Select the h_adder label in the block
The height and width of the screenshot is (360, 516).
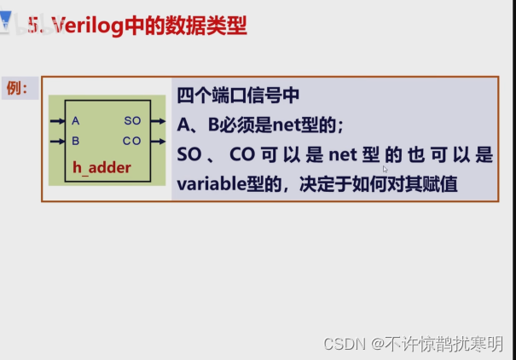(101, 168)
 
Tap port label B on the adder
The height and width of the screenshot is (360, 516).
(76, 141)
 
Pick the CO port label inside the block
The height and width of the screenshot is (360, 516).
(132, 141)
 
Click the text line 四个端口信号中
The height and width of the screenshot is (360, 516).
(237, 95)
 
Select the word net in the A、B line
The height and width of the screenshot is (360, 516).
(288, 125)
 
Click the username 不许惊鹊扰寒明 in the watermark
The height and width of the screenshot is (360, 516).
(444, 343)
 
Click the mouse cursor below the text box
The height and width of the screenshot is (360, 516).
(386, 170)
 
